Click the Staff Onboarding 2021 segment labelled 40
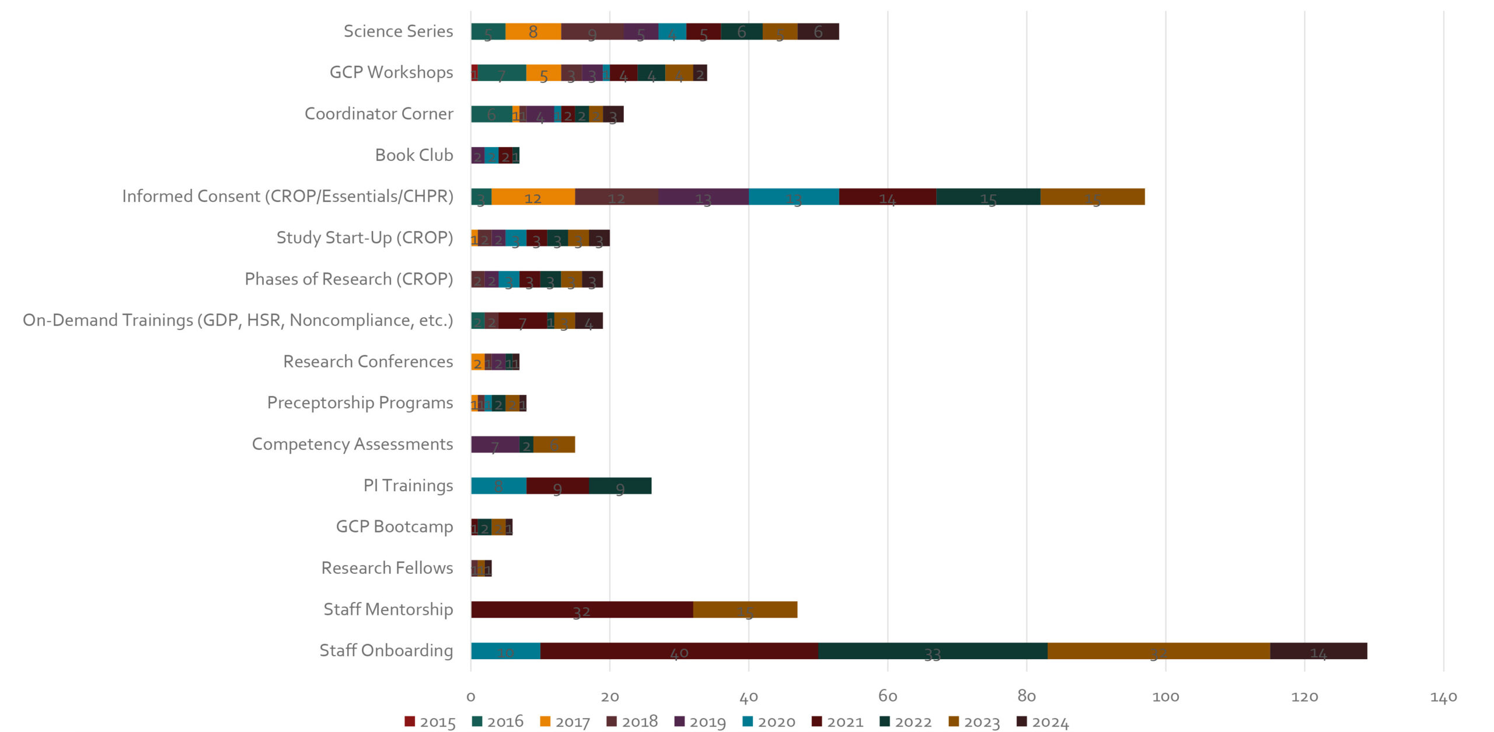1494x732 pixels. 679,651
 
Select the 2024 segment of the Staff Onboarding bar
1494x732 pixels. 1318,651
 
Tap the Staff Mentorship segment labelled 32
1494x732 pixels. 581,610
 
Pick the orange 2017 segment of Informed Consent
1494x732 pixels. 533,197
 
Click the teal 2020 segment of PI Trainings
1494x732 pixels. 498,486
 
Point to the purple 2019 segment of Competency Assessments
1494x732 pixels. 495,444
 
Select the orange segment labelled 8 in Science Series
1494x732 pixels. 533,31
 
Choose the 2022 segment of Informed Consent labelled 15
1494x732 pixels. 988,197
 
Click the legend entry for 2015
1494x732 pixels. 430,722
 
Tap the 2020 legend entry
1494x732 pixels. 769,722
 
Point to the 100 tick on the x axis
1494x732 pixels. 1165,696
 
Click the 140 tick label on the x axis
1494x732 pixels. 1443,696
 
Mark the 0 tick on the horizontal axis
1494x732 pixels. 471,696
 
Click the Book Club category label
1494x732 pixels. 414,155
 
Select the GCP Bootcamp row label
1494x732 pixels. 394,527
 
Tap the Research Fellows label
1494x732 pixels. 387,568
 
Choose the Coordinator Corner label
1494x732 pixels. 379,114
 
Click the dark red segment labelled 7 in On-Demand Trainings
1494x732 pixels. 522,321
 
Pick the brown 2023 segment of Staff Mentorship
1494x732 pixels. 745,610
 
